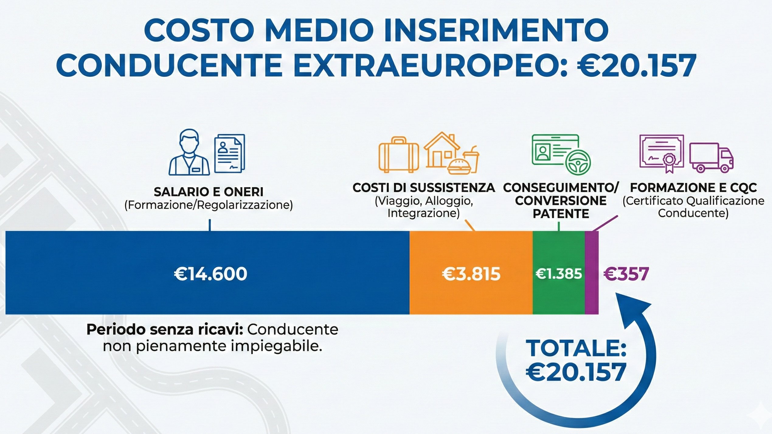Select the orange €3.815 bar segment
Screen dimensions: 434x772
(471, 295)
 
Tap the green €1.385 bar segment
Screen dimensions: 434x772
(559, 295)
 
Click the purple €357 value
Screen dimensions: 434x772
(626, 274)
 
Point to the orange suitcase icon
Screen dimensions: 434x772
(398, 155)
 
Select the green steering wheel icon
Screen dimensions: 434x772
(578, 162)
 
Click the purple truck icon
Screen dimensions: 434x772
(711, 158)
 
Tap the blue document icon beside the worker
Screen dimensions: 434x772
(229, 153)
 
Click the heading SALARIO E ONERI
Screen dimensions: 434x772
(209, 192)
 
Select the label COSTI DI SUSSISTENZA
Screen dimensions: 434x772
(424, 188)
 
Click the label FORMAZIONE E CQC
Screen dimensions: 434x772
(693, 188)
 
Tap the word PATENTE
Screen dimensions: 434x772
(561, 214)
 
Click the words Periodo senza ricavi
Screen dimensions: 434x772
(164, 330)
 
